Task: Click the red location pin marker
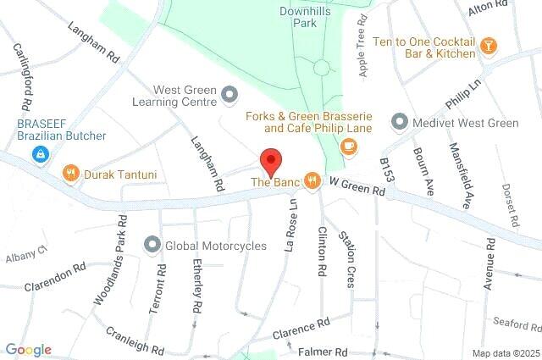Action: click(x=270, y=160)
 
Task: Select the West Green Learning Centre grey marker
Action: click(x=230, y=97)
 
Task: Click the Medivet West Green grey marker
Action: click(x=399, y=123)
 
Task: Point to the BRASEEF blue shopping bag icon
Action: click(x=38, y=154)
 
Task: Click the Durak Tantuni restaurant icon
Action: click(x=71, y=174)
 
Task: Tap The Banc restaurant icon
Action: click(x=312, y=180)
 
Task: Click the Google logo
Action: click(x=28, y=350)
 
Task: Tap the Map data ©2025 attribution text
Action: click(x=506, y=353)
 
